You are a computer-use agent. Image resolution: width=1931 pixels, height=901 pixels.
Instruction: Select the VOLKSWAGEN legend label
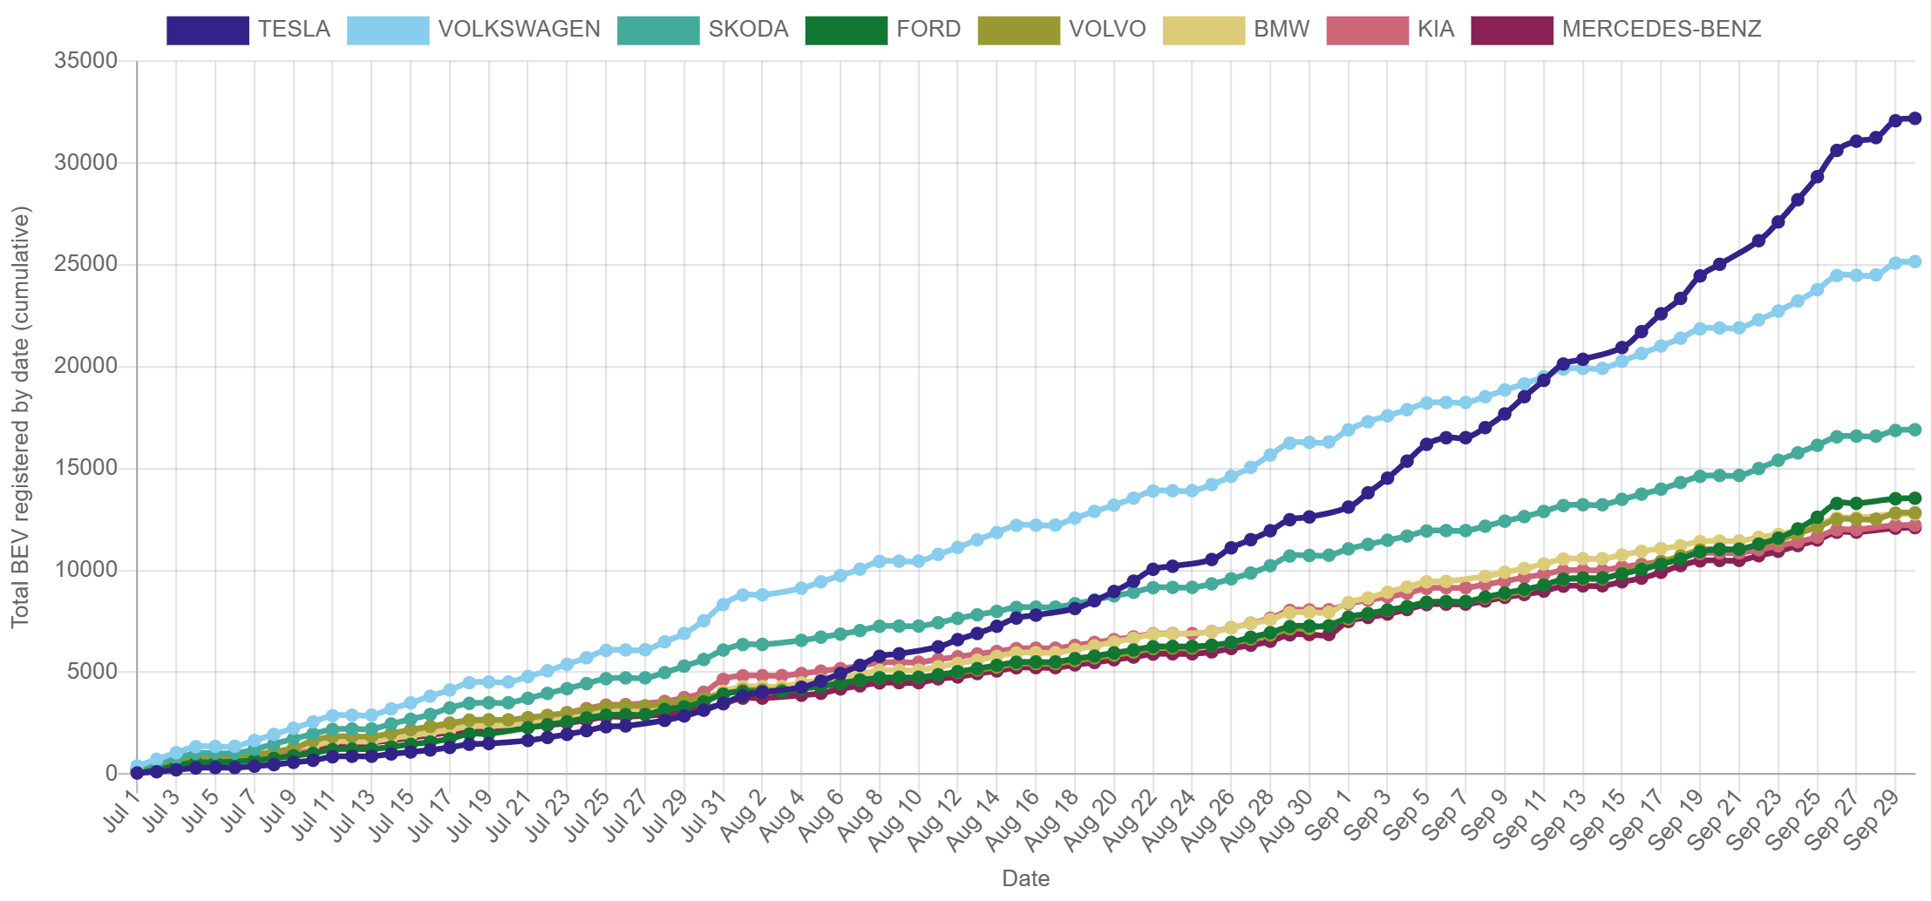[519, 30]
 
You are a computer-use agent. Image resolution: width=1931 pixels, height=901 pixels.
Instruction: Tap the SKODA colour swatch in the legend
[657, 30]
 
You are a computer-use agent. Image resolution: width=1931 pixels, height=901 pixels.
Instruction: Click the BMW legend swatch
[1203, 30]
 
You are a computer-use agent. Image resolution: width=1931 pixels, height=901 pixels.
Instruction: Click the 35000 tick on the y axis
[85, 60]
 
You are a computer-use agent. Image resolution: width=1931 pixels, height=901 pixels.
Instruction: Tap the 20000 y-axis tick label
[85, 365]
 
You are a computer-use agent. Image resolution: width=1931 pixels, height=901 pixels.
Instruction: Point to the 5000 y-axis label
[92, 671]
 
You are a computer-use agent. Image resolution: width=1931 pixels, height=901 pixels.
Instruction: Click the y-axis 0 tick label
[111, 773]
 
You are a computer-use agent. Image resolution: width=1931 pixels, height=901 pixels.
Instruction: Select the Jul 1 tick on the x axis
[122, 810]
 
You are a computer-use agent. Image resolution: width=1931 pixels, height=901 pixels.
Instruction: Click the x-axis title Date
[1025, 878]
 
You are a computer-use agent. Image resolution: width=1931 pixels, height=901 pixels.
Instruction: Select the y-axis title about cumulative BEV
[20, 417]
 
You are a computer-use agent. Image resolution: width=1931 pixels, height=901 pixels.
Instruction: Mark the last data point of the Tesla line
[1914, 119]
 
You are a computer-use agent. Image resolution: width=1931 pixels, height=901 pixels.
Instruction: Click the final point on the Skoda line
[1914, 430]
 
